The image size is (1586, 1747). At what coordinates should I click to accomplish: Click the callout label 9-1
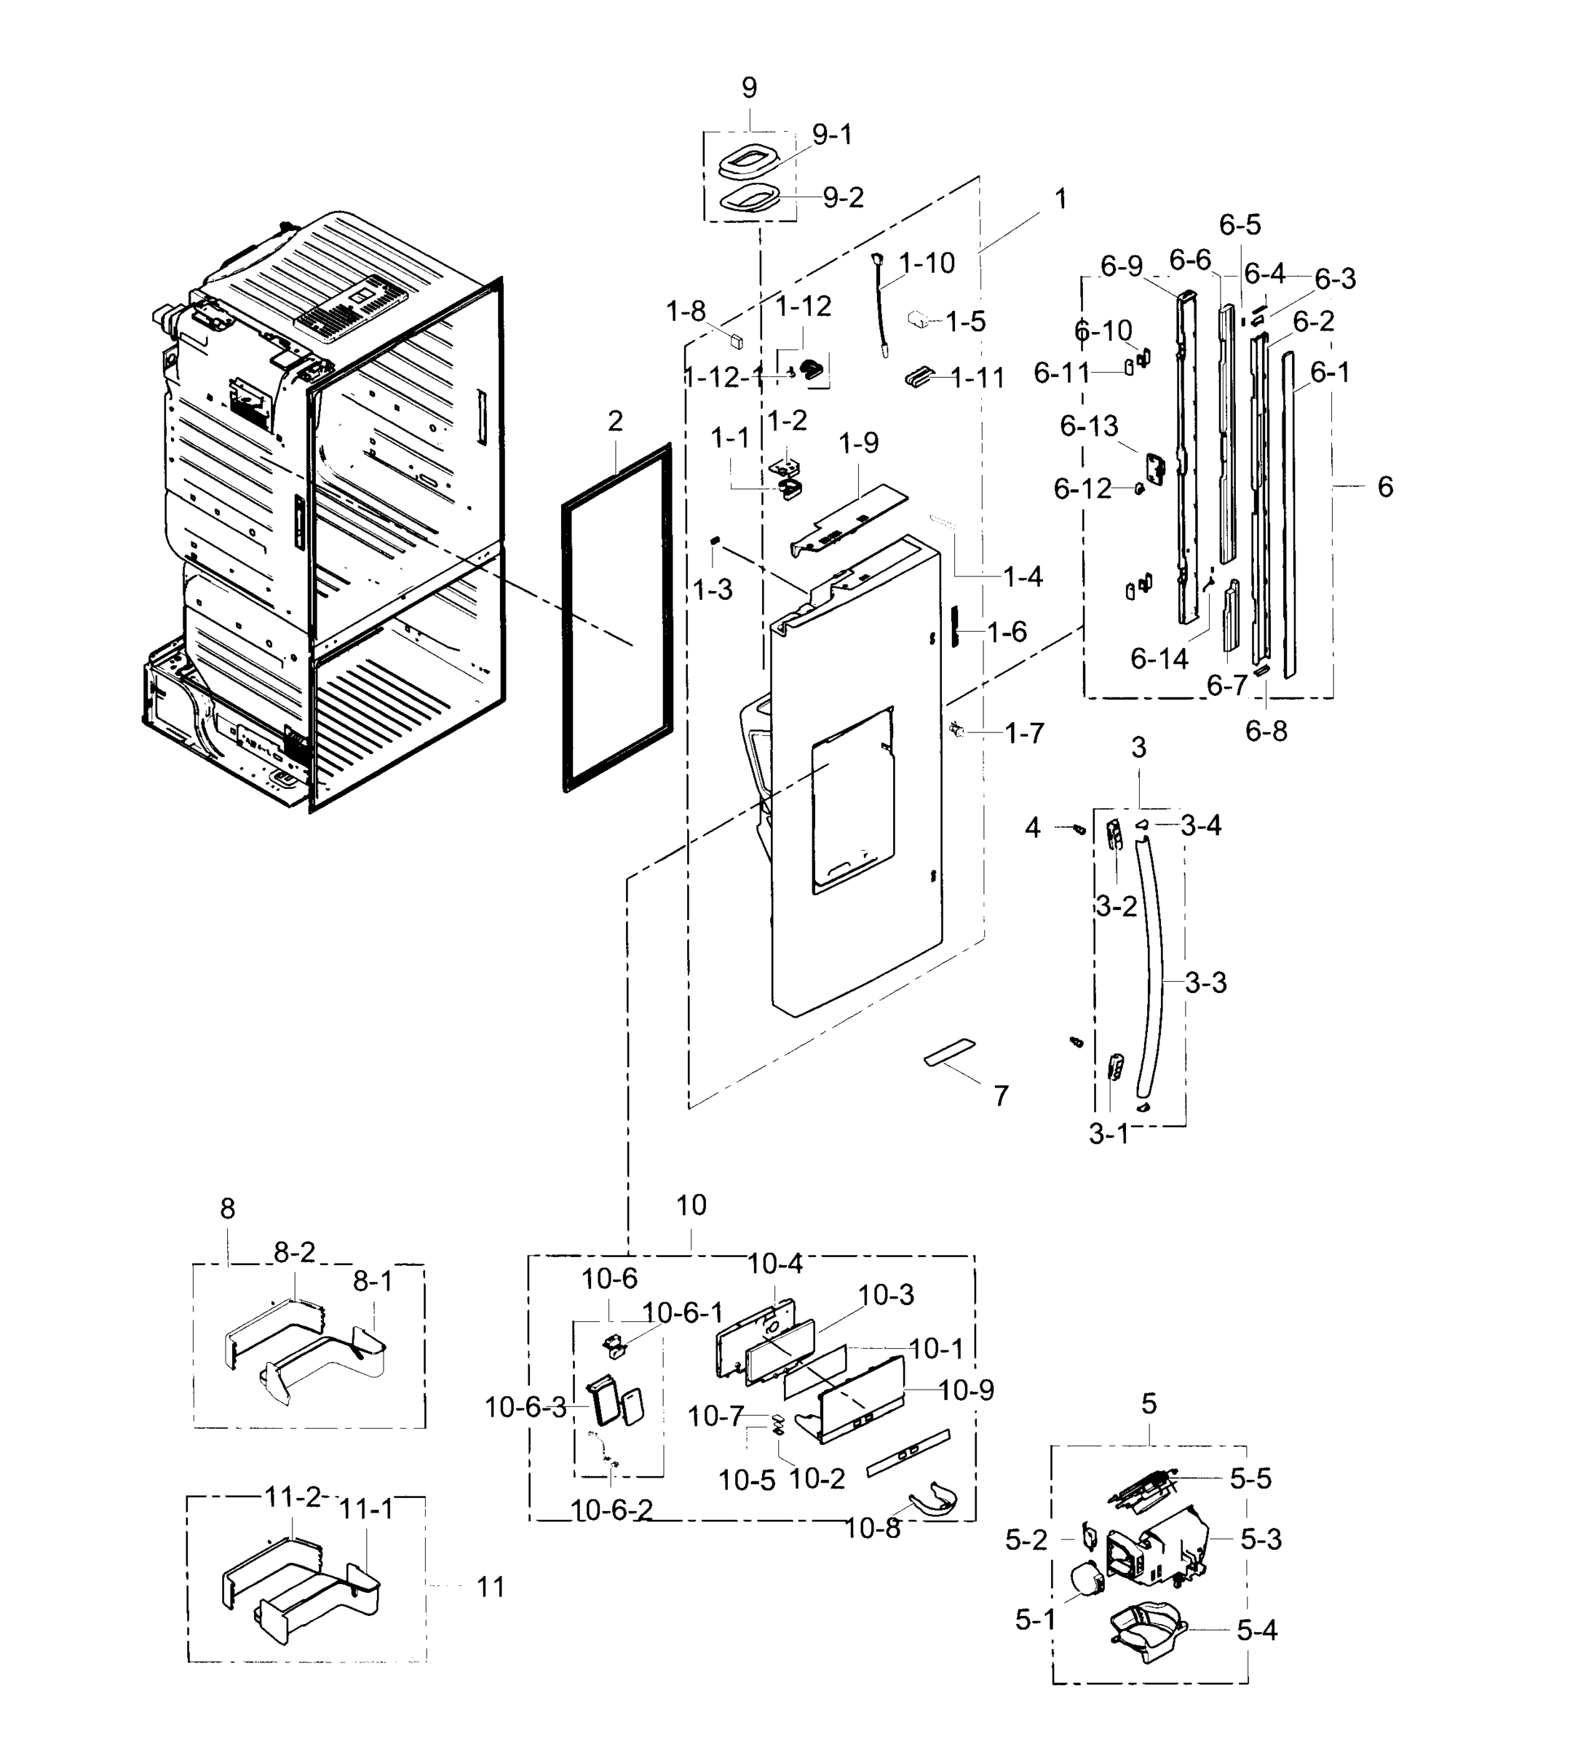pyautogui.click(x=831, y=135)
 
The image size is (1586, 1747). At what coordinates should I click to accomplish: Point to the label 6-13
pyautogui.click(x=1089, y=426)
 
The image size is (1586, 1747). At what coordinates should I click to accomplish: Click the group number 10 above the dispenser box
pyautogui.click(x=691, y=1205)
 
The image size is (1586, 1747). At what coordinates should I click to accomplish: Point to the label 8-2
pyautogui.click(x=295, y=1252)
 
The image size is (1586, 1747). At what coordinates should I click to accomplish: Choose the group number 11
pyautogui.click(x=491, y=1587)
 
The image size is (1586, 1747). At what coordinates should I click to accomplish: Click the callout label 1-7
pyautogui.click(x=1023, y=733)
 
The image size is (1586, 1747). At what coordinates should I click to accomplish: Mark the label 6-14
pyautogui.click(x=1159, y=659)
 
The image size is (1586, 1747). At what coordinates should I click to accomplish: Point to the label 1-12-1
pyautogui.click(x=723, y=377)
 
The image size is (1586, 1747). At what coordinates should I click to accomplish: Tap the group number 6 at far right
pyautogui.click(x=1385, y=487)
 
